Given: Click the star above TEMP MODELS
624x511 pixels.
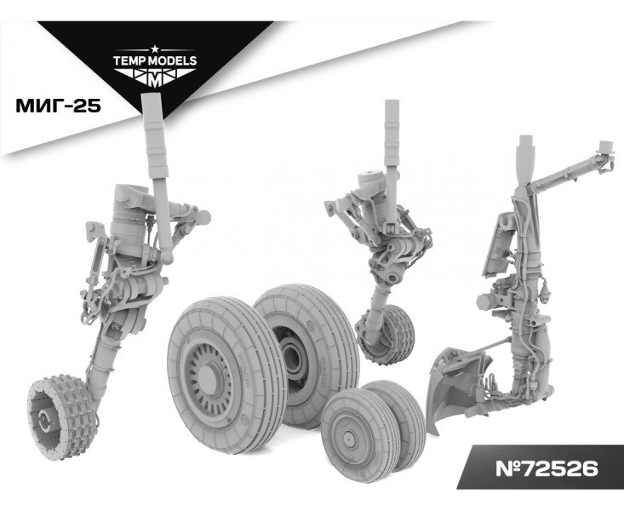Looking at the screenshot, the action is [x=155, y=49].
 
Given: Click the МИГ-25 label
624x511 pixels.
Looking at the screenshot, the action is [x=58, y=106].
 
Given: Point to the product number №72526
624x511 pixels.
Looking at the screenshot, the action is [x=547, y=468].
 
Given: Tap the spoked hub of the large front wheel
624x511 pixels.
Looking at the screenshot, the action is [x=207, y=376].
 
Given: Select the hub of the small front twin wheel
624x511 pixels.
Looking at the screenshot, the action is [x=349, y=438].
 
